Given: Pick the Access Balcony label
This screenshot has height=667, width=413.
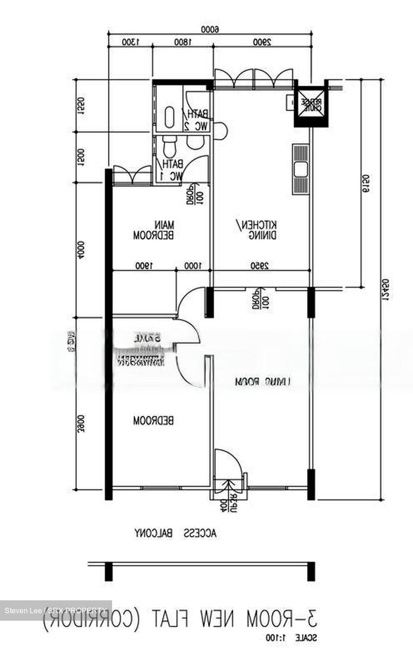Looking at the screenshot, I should point(175,533).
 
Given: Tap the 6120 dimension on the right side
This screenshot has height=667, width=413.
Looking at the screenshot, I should point(365,184).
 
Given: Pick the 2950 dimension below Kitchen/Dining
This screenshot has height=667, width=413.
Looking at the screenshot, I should point(261,266).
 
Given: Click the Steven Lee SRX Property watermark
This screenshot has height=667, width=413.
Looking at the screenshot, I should point(56,610).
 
